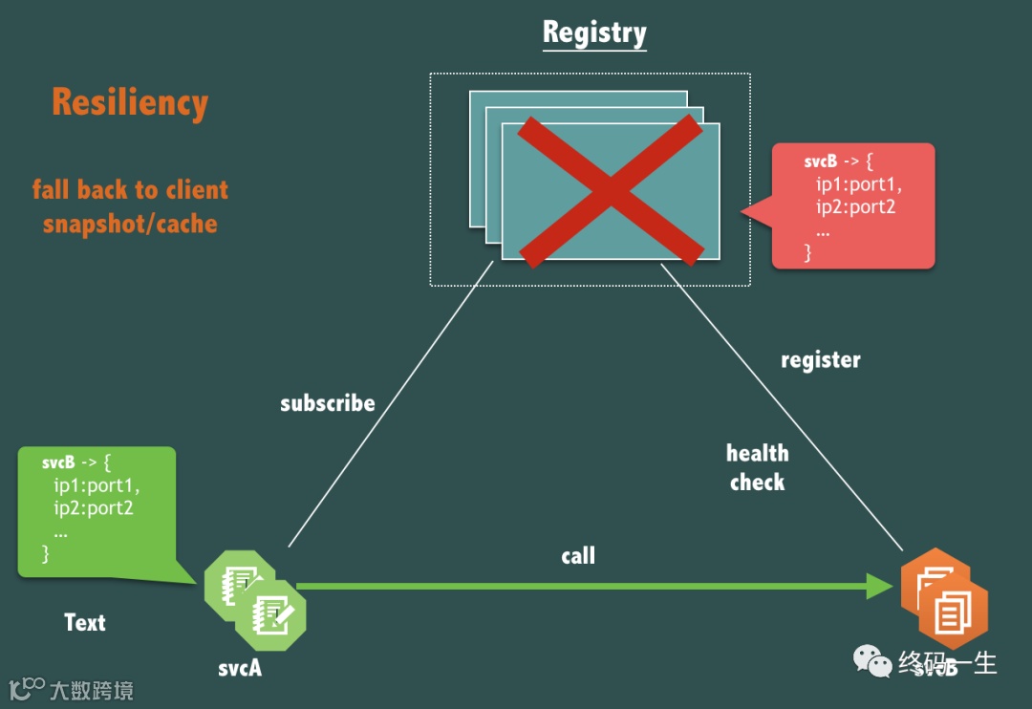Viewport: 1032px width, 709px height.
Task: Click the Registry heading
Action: [x=594, y=32]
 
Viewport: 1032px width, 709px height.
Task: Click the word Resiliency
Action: [x=130, y=102]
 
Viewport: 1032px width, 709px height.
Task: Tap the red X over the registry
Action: [x=609, y=189]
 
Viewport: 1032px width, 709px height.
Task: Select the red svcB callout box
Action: [x=853, y=205]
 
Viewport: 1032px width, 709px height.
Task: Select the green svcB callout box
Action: [x=97, y=511]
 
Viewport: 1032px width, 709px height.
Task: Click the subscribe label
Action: [x=327, y=403]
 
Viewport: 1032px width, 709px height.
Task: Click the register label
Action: [x=820, y=360]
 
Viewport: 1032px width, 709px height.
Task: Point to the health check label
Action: [x=758, y=467]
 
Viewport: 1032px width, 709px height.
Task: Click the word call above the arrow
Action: [x=578, y=555]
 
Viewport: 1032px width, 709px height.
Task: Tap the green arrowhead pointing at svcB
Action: [x=878, y=586]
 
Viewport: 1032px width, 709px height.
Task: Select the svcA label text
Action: [x=240, y=668]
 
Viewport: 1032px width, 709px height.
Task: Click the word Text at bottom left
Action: [x=85, y=623]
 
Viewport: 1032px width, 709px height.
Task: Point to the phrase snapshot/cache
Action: [x=130, y=225]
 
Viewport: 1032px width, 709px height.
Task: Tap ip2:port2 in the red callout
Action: [x=855, y=206]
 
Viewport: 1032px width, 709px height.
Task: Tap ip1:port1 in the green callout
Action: [x=97, y=485]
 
